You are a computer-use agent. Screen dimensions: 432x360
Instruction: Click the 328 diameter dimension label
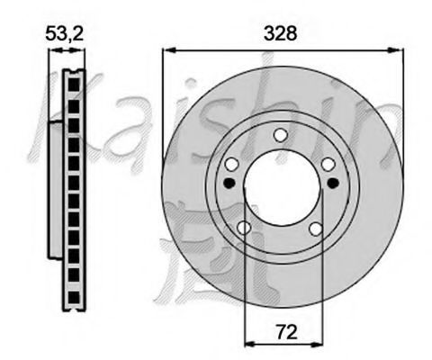[x=281, y=33]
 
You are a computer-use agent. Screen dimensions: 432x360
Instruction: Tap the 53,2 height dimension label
[x=64, y=33]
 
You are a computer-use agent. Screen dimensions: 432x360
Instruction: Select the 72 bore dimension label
[x=287, y=331]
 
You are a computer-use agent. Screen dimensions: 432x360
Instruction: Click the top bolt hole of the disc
[x=281, y=135]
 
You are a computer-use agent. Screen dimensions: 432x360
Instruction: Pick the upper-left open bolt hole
[x=232, y=164]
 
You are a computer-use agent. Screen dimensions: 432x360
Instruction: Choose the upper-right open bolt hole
[x=328, y=165]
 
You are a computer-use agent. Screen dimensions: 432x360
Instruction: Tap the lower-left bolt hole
[x=244, y=228]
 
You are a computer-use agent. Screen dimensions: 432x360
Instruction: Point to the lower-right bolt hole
[x=316, y=229]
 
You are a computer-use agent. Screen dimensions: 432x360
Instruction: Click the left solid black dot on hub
[x=229, y=183]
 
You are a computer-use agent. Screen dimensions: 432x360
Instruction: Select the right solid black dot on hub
[x=333, y=183]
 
